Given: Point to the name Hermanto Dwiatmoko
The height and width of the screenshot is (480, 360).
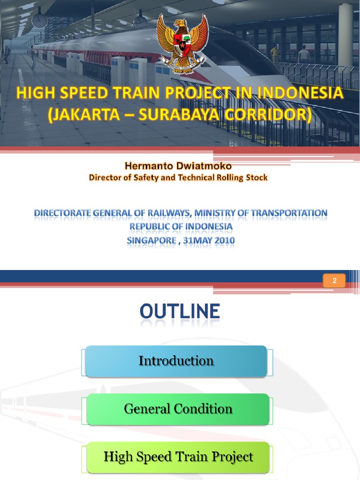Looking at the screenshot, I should coord(179,166).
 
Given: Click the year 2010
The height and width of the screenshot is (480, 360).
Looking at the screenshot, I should coord(223,241).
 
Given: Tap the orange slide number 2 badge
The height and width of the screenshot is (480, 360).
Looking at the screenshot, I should coord(335,281).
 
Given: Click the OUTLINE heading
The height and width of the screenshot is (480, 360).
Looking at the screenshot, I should coord(180,312).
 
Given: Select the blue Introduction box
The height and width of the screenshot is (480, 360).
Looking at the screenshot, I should coord(176,361).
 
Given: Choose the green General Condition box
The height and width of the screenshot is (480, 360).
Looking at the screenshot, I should coord(178,409).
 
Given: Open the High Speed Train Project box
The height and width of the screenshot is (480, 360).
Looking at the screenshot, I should coord(178,457).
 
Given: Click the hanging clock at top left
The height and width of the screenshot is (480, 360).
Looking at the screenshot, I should coord(39,20).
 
